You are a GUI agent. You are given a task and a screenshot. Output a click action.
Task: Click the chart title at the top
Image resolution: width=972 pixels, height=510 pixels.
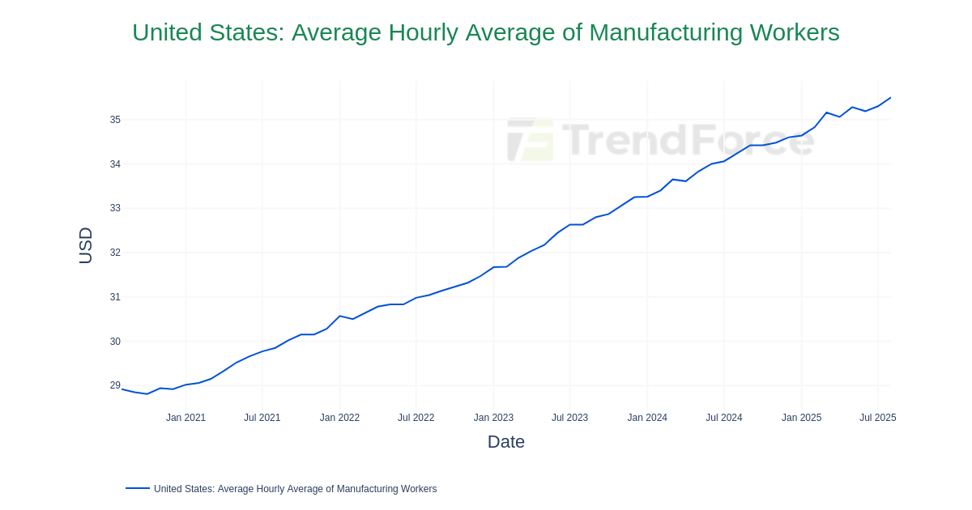tap(485, 32)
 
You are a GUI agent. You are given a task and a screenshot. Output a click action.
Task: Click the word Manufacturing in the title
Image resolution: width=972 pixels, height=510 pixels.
tap(666, 32)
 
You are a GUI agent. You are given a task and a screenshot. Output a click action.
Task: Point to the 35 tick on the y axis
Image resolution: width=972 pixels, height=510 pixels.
tap(115, 120)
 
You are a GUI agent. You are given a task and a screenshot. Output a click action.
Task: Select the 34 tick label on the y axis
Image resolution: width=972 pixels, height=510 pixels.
tap(115, 164)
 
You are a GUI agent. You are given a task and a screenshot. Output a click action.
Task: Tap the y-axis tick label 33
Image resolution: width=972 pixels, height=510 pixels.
tap(115, 208)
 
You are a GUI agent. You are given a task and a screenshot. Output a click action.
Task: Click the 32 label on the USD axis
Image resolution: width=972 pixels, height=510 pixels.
tap(115, 253)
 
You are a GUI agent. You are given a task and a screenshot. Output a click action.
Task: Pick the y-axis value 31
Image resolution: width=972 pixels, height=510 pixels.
tap(115, 297)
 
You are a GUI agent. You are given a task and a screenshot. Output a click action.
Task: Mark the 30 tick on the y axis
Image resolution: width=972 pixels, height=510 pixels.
tap(115, 342)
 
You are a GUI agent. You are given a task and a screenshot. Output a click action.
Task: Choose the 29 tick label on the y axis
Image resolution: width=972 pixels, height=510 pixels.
tap(115, 385)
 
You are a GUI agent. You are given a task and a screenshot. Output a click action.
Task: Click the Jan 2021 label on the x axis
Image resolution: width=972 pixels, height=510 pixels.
tap(185, 418)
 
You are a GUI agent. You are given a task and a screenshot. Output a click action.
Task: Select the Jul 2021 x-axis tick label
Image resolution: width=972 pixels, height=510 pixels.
tap(262, 418)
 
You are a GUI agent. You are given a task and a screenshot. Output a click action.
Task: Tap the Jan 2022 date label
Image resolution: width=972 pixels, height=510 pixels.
tap(339, 418)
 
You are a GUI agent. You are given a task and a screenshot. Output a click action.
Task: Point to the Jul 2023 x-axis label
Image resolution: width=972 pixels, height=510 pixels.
tap(569, 418)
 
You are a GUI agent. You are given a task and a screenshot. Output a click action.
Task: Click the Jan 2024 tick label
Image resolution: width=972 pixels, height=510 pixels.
tap(647, 418)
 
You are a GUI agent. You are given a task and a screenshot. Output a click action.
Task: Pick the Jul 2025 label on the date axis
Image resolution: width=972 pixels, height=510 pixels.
tap(877, 418)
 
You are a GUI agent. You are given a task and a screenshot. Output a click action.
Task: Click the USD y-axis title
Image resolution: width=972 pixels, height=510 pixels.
tap(86, 245)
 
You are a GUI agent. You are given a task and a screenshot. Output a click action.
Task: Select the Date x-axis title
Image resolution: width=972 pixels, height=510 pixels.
tap(505, 442)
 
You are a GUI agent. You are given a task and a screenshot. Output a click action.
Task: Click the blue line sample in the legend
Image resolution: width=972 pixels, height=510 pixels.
tap(138, 488)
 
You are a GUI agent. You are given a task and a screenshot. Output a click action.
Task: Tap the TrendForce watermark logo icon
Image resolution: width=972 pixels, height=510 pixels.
tap(531, 140)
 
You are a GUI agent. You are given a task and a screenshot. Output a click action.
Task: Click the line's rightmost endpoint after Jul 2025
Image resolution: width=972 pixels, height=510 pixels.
tap(890, 98)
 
